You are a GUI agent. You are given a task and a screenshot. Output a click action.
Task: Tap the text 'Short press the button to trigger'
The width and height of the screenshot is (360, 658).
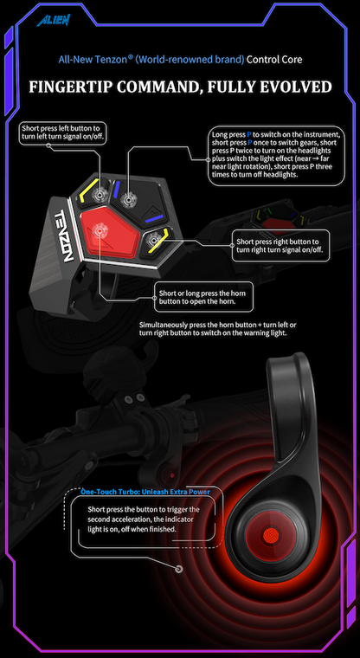click(144, 509)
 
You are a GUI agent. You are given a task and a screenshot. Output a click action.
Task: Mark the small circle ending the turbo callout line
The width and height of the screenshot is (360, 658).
click(178, 569)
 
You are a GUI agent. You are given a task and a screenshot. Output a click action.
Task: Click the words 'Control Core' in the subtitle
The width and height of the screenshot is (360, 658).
click(274, 60)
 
